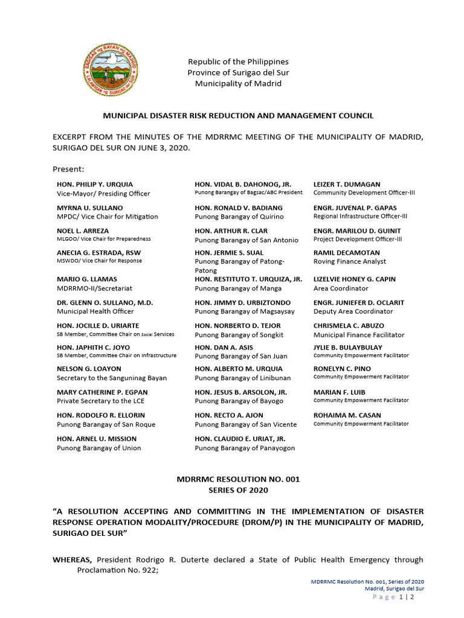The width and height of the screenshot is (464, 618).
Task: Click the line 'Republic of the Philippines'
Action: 238,62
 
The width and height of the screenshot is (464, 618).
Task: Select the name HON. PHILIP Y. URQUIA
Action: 95,184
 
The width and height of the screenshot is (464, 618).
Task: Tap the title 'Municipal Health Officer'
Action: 95,311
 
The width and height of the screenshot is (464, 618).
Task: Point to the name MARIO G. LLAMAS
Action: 87,279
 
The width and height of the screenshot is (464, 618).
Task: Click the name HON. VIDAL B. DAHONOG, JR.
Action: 243,184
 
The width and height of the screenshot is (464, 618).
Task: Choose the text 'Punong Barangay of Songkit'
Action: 239,335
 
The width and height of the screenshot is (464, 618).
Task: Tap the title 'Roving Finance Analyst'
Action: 350,261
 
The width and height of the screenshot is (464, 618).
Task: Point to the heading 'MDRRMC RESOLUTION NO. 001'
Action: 238,479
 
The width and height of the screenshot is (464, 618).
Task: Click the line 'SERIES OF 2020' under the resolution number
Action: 238,490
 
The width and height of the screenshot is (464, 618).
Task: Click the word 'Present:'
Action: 68,169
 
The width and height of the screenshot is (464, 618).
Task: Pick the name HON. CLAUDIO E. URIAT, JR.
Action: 240,439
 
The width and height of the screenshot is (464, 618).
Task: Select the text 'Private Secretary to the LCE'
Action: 103,401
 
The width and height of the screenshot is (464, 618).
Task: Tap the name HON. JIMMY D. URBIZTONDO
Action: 242,302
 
